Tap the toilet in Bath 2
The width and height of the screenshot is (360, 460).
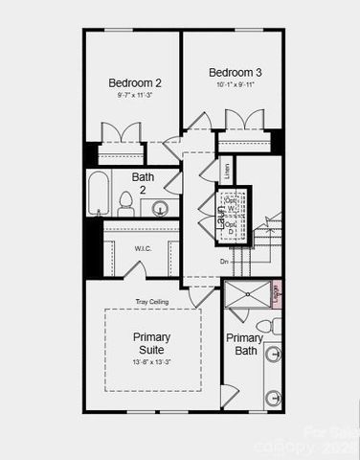125,202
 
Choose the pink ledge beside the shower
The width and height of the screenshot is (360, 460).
275,293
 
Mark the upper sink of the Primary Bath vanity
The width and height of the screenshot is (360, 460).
273,355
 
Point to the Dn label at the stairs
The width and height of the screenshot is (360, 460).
224,261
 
